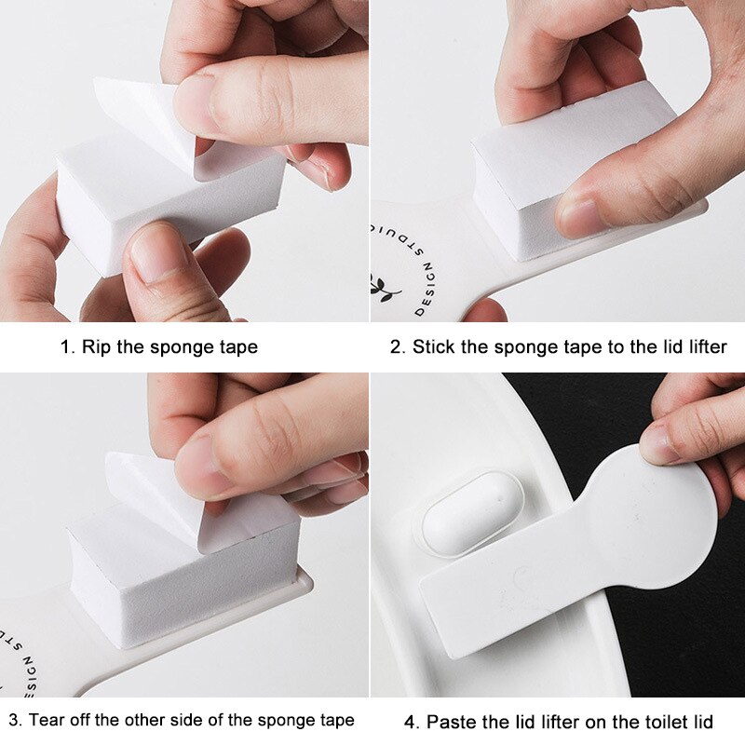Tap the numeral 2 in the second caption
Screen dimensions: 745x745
[x=396, y=347]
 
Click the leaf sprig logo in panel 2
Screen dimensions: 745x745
[x=384, y=288]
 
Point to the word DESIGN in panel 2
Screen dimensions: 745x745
[x=426, y=290]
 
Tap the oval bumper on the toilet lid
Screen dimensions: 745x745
[x=472, y=513]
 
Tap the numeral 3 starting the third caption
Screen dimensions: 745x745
[x=14, y=720]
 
